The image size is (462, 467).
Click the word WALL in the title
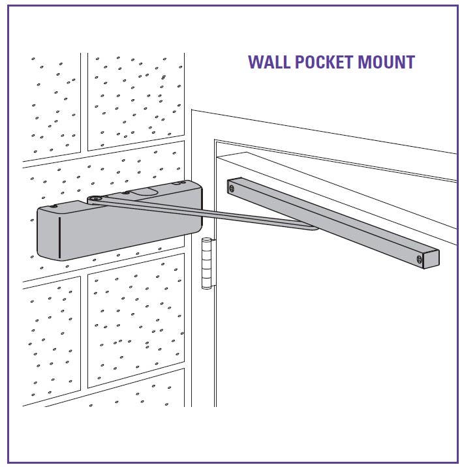click(269, 63)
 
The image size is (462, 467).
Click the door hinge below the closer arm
click(207, 263)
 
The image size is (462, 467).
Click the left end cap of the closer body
click(48, 232)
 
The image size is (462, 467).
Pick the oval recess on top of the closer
click(145, 192)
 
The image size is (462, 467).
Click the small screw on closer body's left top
click(55, 206)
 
